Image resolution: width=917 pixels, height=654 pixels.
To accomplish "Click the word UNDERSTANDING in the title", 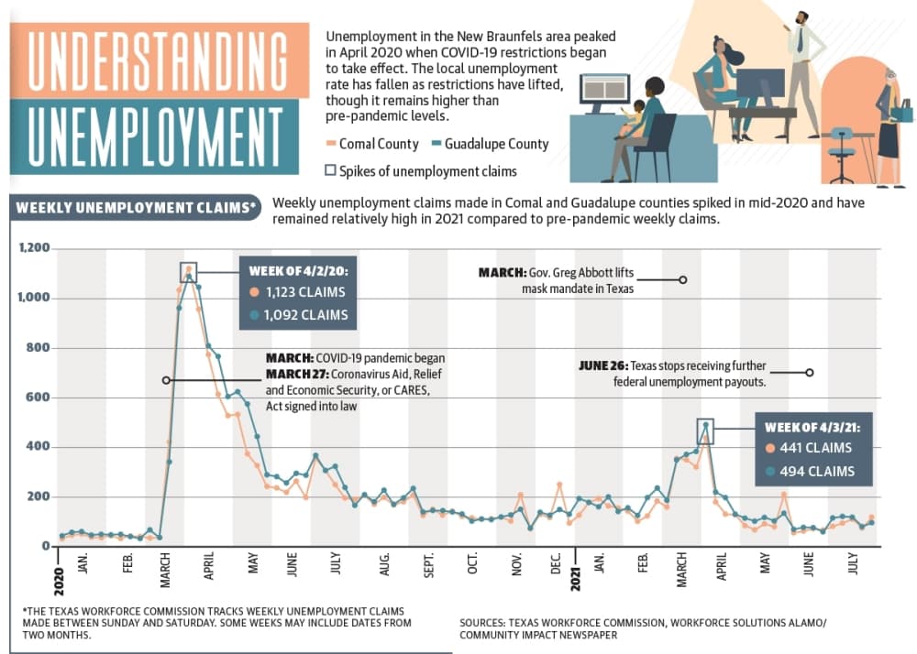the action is point(158,60).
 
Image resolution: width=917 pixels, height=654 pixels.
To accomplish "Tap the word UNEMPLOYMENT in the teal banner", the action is point(156,136).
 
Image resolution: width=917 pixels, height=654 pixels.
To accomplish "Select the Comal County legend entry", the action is point(372,144).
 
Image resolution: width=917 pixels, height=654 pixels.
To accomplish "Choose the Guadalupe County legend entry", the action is point(490,144).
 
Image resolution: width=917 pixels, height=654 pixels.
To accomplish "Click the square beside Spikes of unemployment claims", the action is point(330,170).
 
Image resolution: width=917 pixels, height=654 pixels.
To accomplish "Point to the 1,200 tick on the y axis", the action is point(34,247).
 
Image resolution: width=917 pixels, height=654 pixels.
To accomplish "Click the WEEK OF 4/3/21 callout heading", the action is point(812,428).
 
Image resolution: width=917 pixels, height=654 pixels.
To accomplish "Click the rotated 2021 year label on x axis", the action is point(576,579).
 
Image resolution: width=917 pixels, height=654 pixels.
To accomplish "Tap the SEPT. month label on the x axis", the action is point(428,564).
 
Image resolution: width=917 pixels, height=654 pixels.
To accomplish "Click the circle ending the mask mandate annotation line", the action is point(682,279).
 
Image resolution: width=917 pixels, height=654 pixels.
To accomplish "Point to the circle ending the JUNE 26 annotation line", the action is point(810,373).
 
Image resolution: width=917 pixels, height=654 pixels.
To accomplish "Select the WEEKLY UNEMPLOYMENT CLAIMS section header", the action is point(136,208).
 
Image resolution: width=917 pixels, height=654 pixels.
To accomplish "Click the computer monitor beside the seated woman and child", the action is point(604,93).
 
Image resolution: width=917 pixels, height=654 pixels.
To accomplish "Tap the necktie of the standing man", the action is point(800,39).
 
